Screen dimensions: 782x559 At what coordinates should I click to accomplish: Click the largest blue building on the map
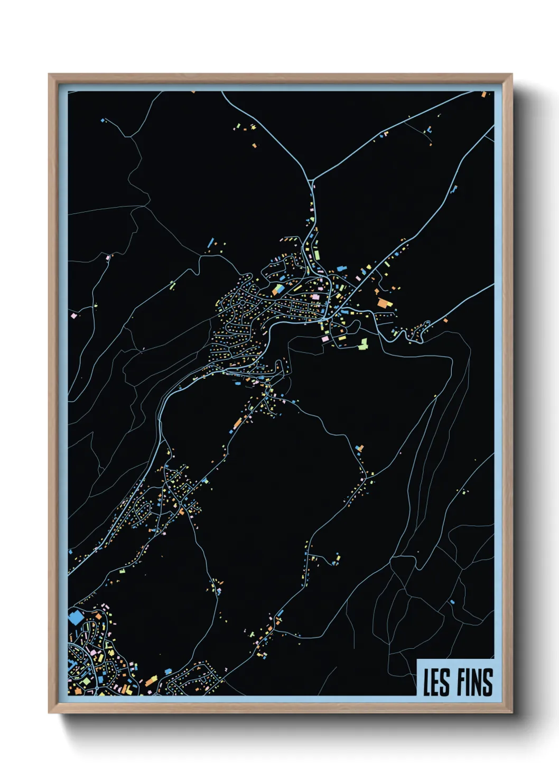pyautogui.click(x=76, y=617)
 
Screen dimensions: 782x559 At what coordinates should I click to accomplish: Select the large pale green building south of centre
pyautogui.click(x=363, y=345)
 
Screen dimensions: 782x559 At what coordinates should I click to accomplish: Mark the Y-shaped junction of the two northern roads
pyautogui.click(x=313, y=181)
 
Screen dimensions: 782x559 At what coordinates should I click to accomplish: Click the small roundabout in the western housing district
pyautogui.click(x=242, y=303)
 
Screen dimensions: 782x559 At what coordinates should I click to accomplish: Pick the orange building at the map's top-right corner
pyautogui.click(x=483, y=95)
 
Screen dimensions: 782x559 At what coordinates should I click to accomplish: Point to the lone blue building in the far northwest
pyautogui.click(x=103, y=120)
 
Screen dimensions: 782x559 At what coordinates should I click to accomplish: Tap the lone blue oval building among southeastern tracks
pyautogui.click(x=452, y=601)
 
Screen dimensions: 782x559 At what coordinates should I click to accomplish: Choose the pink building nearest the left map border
pyautogui.click(x=74, y=315)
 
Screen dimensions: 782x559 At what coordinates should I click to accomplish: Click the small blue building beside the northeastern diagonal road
pyautogui.click(x=453, y=189)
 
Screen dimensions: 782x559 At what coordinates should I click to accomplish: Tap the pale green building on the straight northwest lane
pyautogui.click(x=172, y=286)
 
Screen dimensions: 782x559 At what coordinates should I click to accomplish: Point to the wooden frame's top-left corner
pyautogui.click(x=49, y=75)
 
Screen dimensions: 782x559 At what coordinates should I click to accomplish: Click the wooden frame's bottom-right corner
pyautogui.click(x=511, y=713)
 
